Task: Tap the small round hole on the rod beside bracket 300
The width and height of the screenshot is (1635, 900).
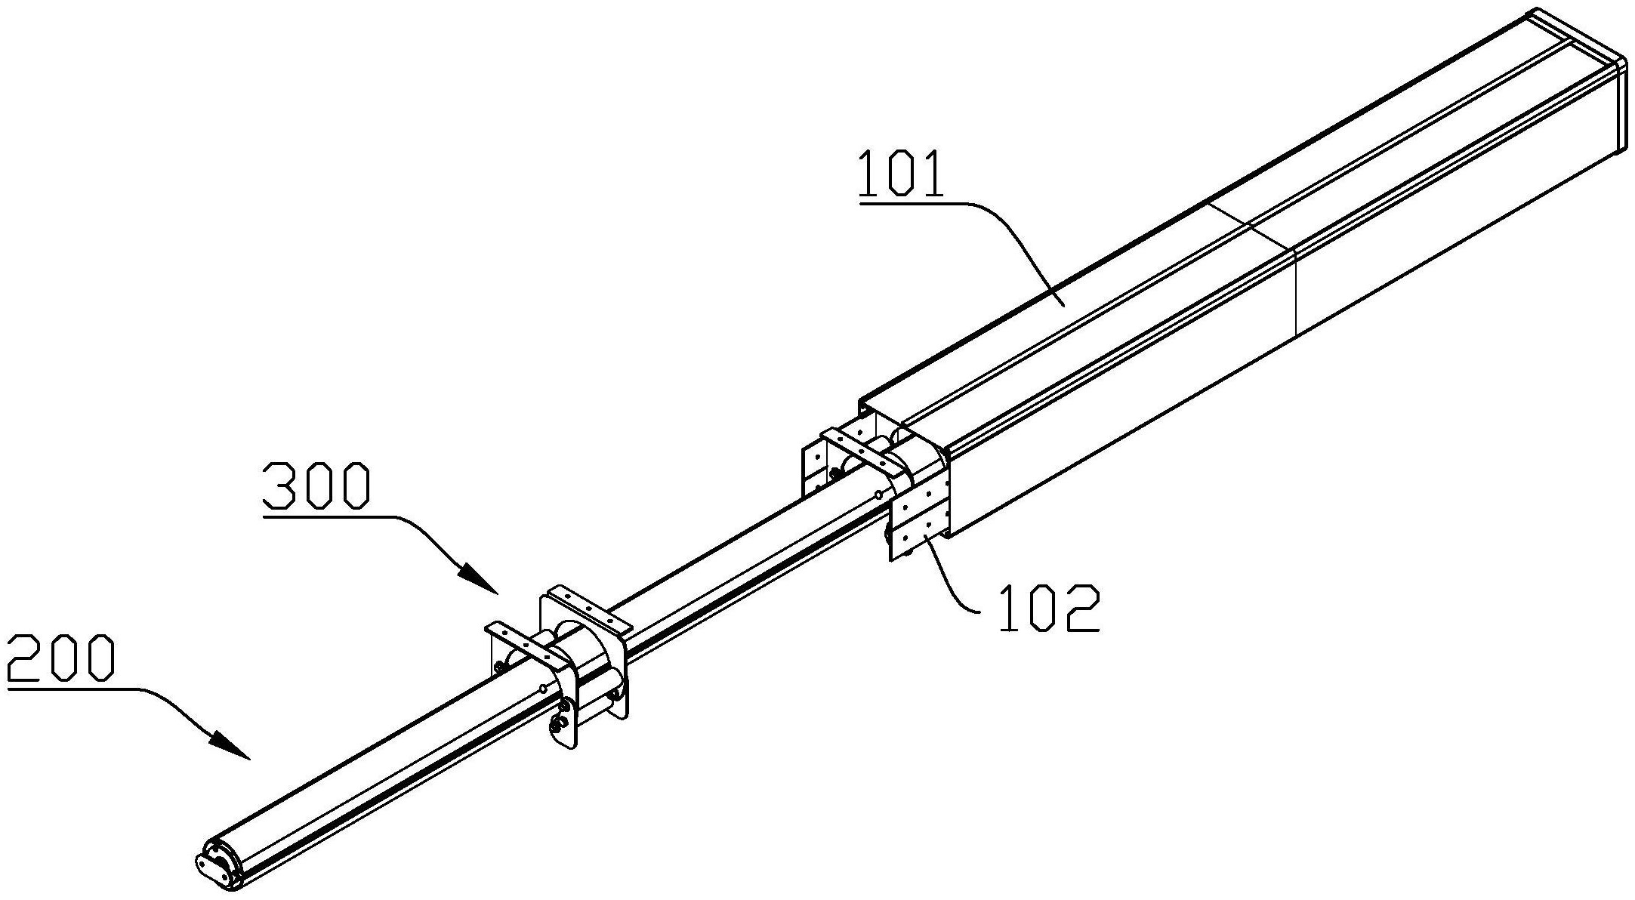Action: pyautogui.click(x=543, y=688)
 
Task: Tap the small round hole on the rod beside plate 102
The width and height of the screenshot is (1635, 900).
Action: pyautogui.click(x=878, y=495)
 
